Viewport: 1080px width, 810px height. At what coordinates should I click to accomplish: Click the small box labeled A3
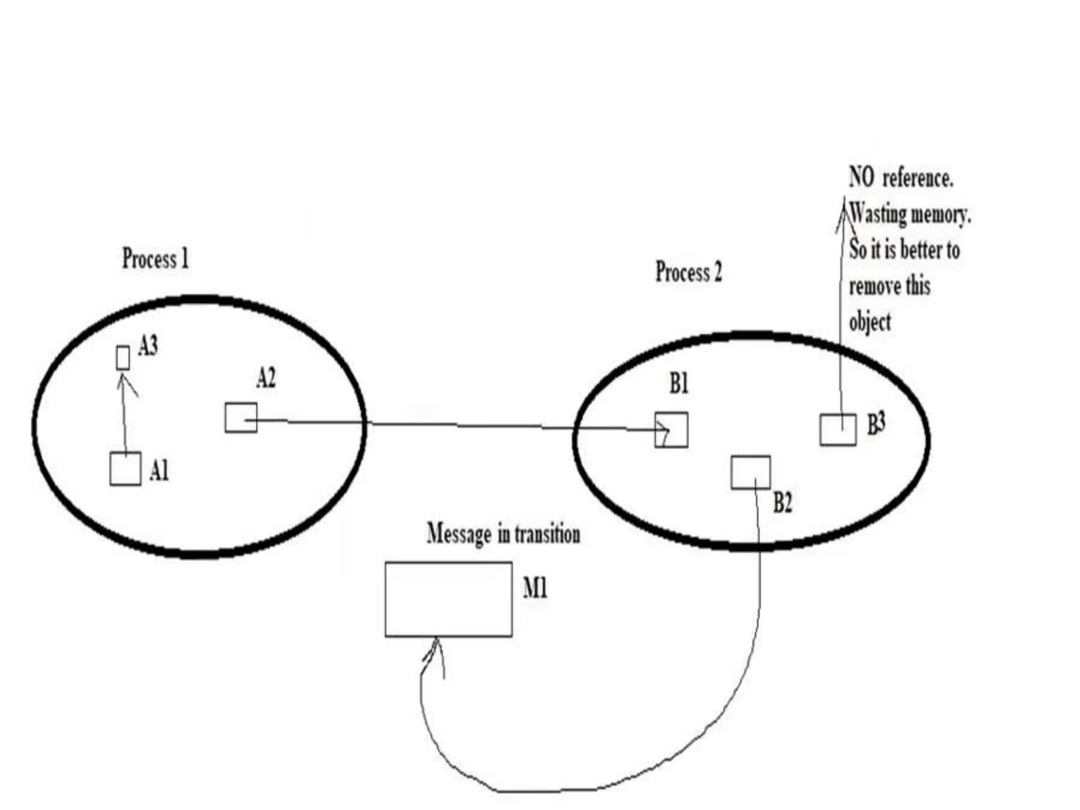coord(122,358)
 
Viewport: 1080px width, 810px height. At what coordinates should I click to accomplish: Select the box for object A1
coord(126,469)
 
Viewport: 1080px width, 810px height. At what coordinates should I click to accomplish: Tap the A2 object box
coord(241,418)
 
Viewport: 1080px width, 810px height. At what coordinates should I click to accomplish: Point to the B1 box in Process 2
coord(671,430)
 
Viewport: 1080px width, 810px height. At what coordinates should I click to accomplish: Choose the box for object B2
coord(750,472)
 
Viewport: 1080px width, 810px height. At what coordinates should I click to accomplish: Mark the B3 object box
coord(838,430)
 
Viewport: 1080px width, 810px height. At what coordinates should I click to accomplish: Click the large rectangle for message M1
coord(448,600)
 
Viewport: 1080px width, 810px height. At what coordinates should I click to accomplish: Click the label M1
coord(535,587)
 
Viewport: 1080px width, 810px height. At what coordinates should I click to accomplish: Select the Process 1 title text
coord(155,258)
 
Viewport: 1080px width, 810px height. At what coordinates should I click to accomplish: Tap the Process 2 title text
coord(688,272)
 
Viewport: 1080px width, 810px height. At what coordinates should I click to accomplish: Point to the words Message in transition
coord(503,534)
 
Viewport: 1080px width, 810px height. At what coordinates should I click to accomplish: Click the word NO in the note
coord(861,177)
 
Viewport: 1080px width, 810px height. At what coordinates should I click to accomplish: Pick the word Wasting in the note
coord(878,214)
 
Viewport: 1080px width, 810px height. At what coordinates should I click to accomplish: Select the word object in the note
coord(870,322)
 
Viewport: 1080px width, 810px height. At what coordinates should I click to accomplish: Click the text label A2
coord(266,378)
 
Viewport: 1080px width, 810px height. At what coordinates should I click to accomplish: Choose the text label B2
coord(783,503)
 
